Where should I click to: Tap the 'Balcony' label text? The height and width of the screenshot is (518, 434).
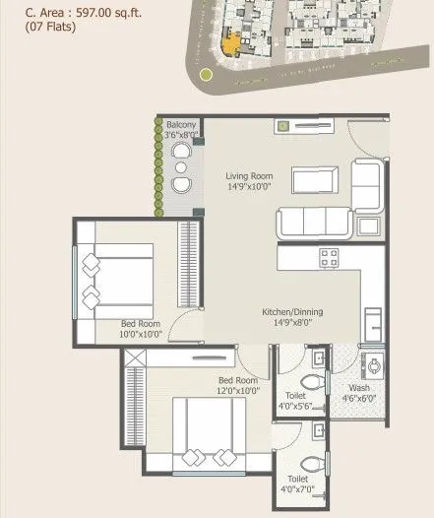click(x=180, y=125)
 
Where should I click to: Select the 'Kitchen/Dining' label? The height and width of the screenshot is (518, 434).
click(x=291, y=312)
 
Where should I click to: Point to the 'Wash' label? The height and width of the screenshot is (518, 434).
click(x=359, y=387)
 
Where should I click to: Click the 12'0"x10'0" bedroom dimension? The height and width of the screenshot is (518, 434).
click(x=237, y=391)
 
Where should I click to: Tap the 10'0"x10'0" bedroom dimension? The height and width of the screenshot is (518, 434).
click(x=141, y=334)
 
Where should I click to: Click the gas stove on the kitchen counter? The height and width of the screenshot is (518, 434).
click(x=330, y=258)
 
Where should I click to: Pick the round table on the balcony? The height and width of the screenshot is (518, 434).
click(x=181, y=167)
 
